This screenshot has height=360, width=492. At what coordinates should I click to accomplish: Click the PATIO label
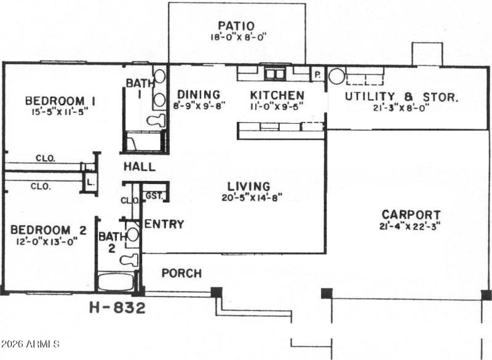(x=237, y=25)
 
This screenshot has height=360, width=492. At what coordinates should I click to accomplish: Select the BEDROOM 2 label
(x=48, y=230)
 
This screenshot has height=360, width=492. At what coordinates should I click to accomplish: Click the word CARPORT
(x=411, y=215)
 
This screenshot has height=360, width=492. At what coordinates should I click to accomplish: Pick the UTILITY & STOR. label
(x=401, y=97)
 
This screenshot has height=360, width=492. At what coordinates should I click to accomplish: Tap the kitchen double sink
(x=275, y=74)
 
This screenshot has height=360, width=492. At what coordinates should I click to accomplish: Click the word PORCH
(x=181, y=273)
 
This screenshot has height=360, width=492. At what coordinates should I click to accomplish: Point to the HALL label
(x=139, y=167)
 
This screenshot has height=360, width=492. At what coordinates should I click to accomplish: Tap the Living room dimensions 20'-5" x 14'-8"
(x=249, y=198)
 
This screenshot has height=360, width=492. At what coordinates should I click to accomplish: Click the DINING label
(x=199, y=95)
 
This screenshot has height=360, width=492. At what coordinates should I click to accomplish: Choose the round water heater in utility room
(x=336, y=76)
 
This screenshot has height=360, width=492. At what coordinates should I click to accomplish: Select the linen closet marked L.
(x=90, y=182)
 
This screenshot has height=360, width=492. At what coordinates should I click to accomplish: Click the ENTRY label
(x=164, y=224)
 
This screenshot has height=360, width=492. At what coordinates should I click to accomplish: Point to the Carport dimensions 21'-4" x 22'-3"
(x=411, y=226)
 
